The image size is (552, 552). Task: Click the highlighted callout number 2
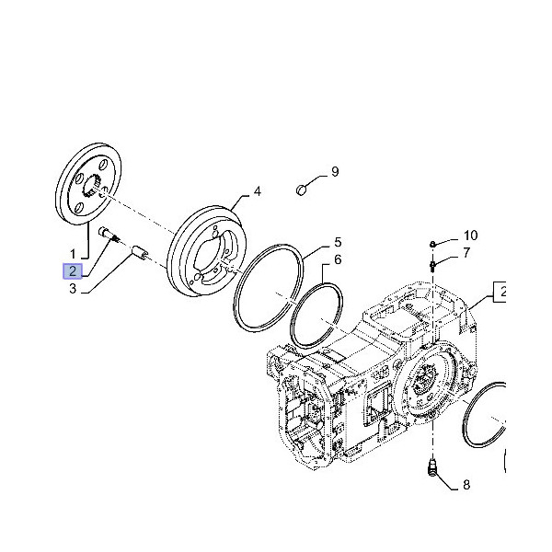tap(72, 270)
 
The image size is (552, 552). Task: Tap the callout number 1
tap(72, 251)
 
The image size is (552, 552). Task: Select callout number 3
tap(72, 290)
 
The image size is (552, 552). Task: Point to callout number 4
tap(258, 191)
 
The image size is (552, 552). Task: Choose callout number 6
tap(338, 259)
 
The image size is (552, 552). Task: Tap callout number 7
tap(466, 252)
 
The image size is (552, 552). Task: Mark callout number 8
tap(466, 484)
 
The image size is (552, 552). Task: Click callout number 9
tap(335, 171)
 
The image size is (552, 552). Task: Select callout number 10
tap(470, 236)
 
